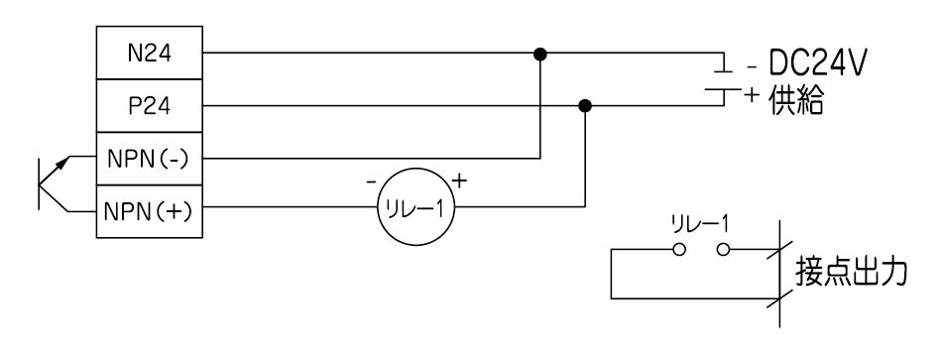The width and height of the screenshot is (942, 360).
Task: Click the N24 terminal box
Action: [x=149, y=53]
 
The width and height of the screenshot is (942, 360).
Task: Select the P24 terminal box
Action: [x=149, y=106]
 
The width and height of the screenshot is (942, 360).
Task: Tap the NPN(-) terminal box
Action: [x=149, y=159]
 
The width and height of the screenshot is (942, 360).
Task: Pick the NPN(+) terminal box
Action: [x=149, y=211]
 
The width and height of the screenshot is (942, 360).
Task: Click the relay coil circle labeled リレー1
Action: [x=415, y=207]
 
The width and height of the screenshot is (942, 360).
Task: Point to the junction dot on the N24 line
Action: [x=540, y=55]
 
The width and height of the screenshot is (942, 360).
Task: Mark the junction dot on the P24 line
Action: [x=585, y=106]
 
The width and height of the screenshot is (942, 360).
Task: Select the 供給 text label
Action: [x=796, y=100]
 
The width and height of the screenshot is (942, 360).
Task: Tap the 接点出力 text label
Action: [x=850, y=272]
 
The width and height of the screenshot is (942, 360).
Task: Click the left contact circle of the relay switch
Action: [x=679, y=249]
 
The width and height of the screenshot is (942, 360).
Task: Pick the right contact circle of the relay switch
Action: [x=723, y=249]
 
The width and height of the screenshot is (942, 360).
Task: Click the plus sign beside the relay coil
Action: [x=459, y=180]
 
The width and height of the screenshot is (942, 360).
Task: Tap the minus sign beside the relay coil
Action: [x=372, y=180]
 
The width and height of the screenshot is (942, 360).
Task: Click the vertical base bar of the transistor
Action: [x=39, y=183]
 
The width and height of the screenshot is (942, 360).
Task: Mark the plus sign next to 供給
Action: [x=752, y=95]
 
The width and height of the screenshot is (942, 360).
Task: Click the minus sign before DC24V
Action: [x=753, y=67]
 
